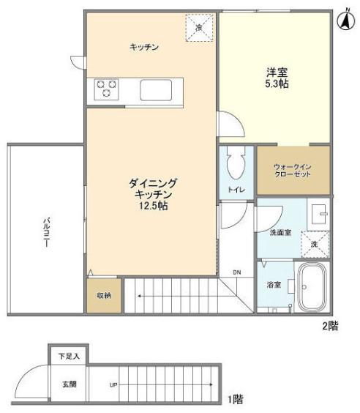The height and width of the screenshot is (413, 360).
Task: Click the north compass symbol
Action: click(345, 21)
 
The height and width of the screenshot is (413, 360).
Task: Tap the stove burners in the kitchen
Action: click(105, 89)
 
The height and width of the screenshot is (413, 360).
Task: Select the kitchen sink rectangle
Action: click(156, 90)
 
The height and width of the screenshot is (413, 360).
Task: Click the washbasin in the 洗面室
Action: click(320, 214)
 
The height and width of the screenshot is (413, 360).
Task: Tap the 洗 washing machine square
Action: click(315, 243)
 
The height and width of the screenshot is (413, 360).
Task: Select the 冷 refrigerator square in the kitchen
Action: click(200, 27)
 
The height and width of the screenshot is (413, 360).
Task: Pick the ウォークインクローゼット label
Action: click(292, 171)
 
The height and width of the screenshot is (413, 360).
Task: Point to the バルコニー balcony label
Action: click(45, 233)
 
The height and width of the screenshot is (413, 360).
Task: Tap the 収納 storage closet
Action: click(103, 296)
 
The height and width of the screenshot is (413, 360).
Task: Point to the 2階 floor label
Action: click(327, 324)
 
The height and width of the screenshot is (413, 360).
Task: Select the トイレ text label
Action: click(236, 190)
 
